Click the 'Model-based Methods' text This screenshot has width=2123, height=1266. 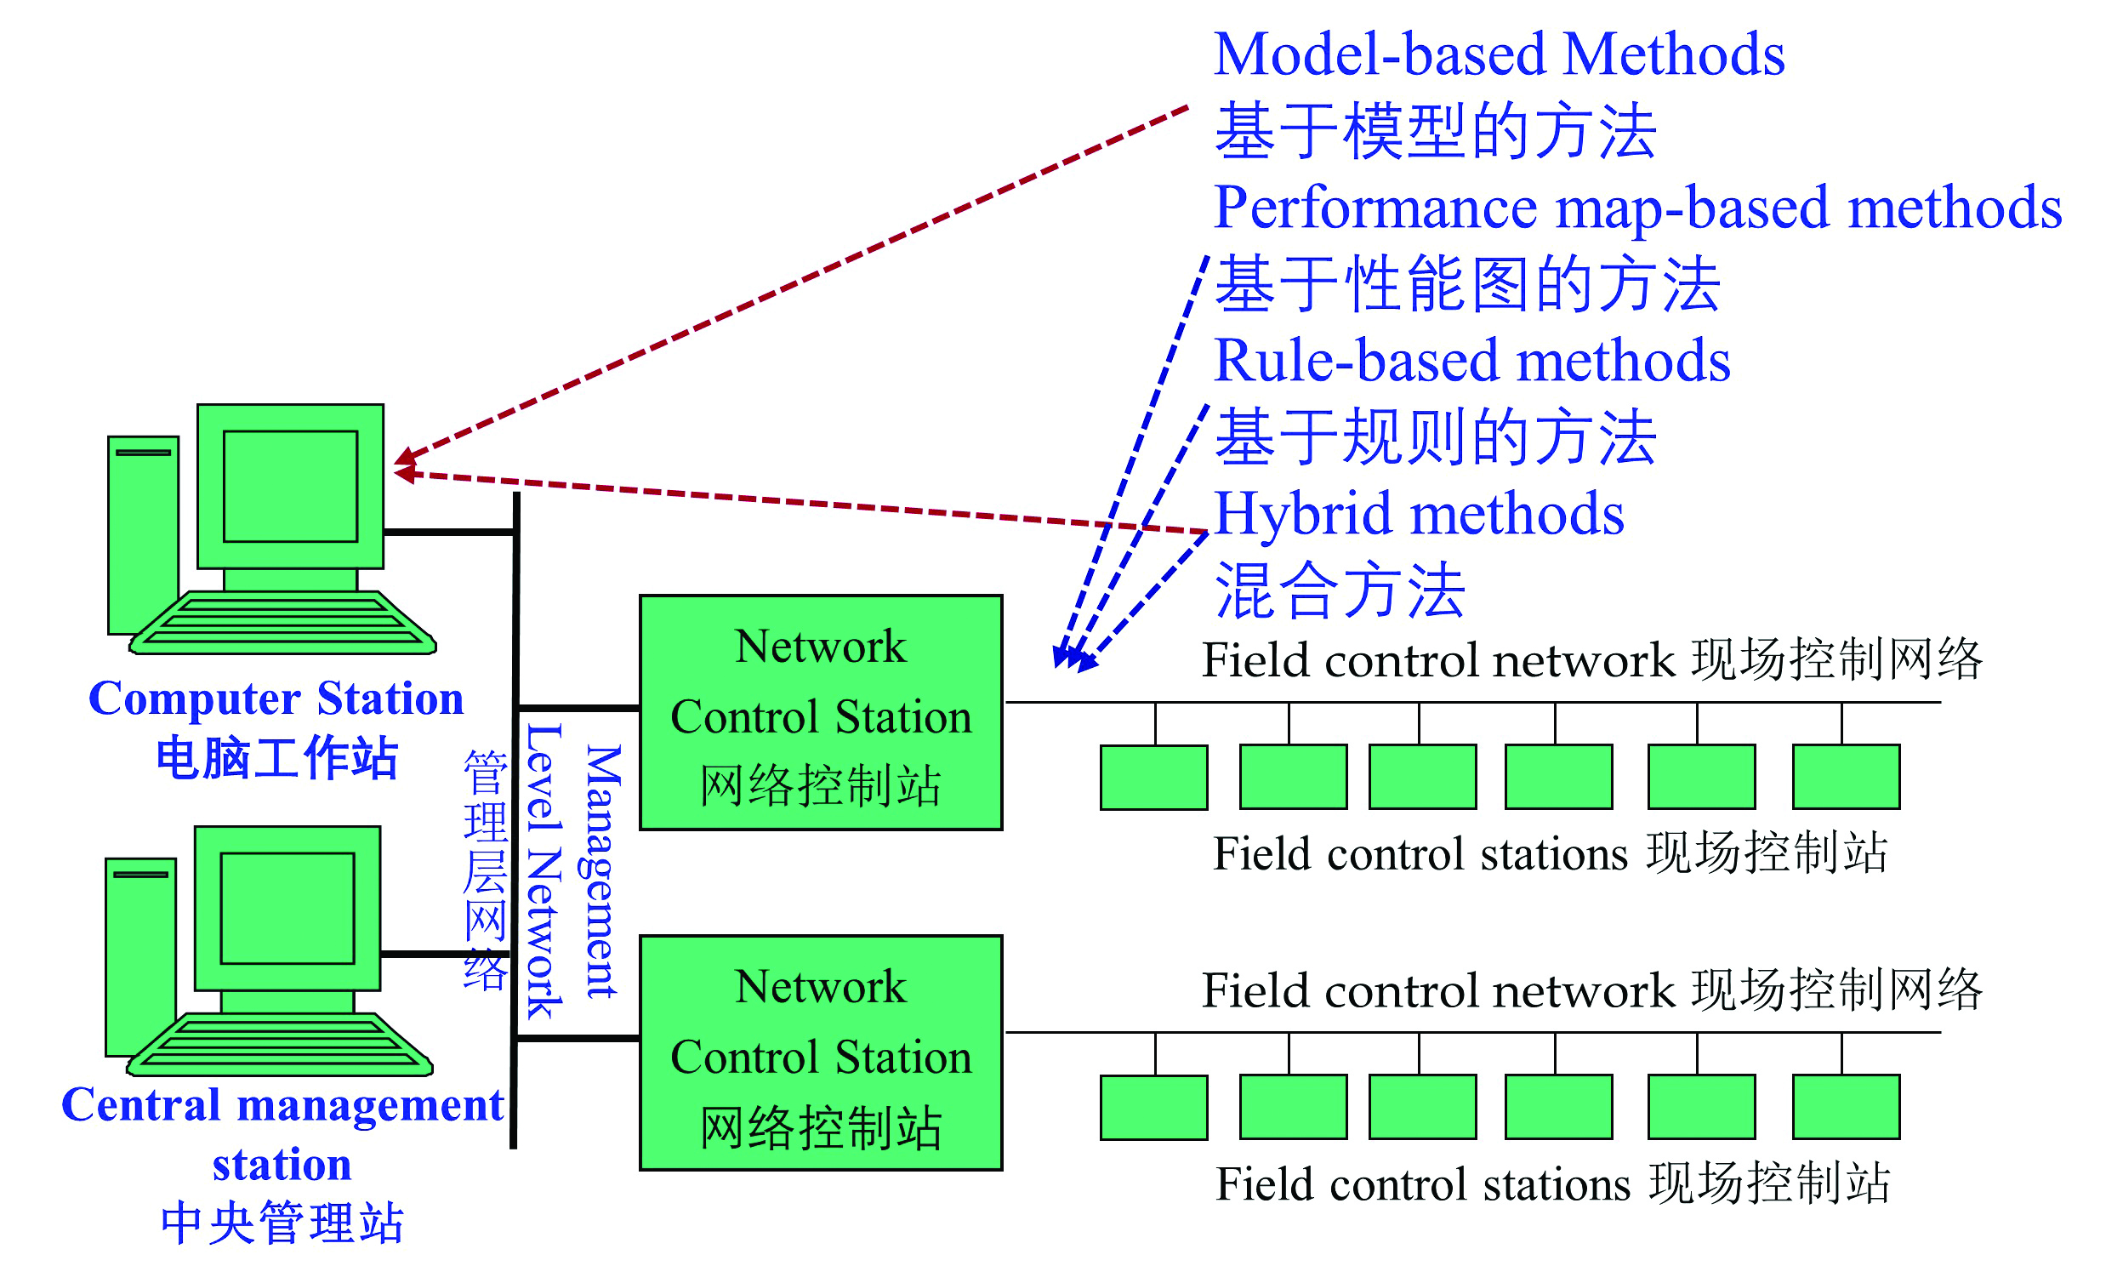pos(1498,54)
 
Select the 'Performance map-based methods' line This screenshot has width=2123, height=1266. pos(1637,208)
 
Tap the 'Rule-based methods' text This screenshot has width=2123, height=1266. pos(1471,361)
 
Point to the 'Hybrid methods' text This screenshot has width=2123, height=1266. pos(1418,515)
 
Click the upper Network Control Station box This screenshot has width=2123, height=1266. pos(820,712)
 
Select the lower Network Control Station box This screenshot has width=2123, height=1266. pos(820,1052)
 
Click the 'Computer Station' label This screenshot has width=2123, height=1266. pos(276,699)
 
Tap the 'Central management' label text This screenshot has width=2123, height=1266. pos(282,1105)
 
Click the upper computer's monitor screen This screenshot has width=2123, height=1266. pos(290,487)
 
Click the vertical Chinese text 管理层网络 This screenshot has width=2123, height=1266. pos(484,870)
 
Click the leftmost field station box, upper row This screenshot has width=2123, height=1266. pos(1153,777)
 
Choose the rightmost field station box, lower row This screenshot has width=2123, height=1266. pos(1846,1107)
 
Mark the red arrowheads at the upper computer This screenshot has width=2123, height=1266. pos(404,465)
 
